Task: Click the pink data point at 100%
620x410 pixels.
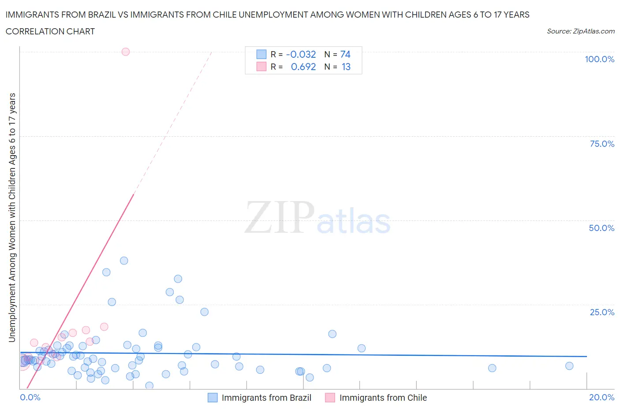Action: pyautogui.click(x=126, y=52)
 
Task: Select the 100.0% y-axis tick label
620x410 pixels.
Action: pyautogui.click(x=599, y=59)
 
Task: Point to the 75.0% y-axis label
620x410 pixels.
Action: pyautogui.click(x=602, y=144)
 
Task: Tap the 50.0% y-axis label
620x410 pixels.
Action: pyautogui.click(x=601, y=228)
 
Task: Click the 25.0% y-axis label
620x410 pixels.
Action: pyautogui.click(x=602, y=312)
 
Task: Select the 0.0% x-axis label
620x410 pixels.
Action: pyautogui.click(x=30, y=397)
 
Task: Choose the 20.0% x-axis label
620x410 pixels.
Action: pyautogui.click(x=601, y=397)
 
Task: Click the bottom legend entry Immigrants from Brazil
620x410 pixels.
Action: pyautogui.click(x=266, y=398)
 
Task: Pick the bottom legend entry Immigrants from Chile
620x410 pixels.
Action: pyautogui.click(x=383, y=398)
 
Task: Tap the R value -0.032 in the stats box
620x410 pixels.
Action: pyautogui.click(x=301, y=54)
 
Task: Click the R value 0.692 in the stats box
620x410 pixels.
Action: pyautogui.click(x=303, y=67)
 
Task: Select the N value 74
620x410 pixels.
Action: pyautogui.click(x=345, y=54)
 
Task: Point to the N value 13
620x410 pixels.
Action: pyautogui.click(x=346, y=67)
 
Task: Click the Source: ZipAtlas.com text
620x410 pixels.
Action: pyautogui.click(x=580, y=31)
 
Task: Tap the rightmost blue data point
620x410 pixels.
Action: pyautogui.click(x=569, y=366)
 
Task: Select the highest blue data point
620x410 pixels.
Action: pyautogui.click(x=124, y=261)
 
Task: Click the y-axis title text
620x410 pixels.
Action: pyautogui.click(x=12, y=218)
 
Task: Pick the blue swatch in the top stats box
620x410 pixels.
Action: pyautogui.click(x=261, y=54)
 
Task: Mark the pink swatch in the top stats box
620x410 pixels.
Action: pyautogui.click(x=261, y=67)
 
